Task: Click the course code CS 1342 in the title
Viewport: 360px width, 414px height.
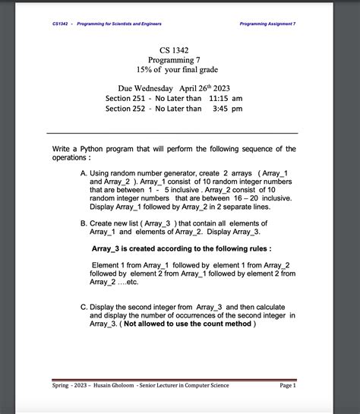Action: pyautogui.click(x=174, y=50)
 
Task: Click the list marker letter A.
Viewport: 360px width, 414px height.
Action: pyautogui.click(x=83, y=174)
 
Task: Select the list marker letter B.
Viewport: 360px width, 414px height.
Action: pyautogui.click(x=83, y=223)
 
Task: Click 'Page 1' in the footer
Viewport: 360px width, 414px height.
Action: pyautogui.click(x=287, y=386)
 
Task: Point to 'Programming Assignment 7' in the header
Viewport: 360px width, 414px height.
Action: pyautogui.click(x=267, y=24)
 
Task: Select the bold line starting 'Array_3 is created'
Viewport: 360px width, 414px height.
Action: pyautogui.click(x=182, y=248)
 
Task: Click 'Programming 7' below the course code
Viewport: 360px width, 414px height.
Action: pyautogui.click(x=174, y=60)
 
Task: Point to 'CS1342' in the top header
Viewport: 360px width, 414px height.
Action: pyautogui.click(x=61, y=24)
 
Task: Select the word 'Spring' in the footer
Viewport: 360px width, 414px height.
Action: pyautogui.click(x=64, y=386)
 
